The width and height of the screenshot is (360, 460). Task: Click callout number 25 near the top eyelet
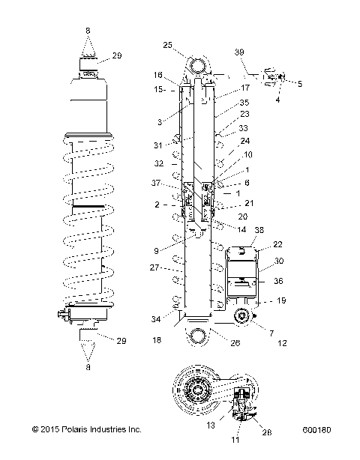coord(167,44)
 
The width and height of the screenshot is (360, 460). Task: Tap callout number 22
coord(277,244)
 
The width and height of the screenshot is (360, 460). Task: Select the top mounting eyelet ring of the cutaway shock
coord(199,67)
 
